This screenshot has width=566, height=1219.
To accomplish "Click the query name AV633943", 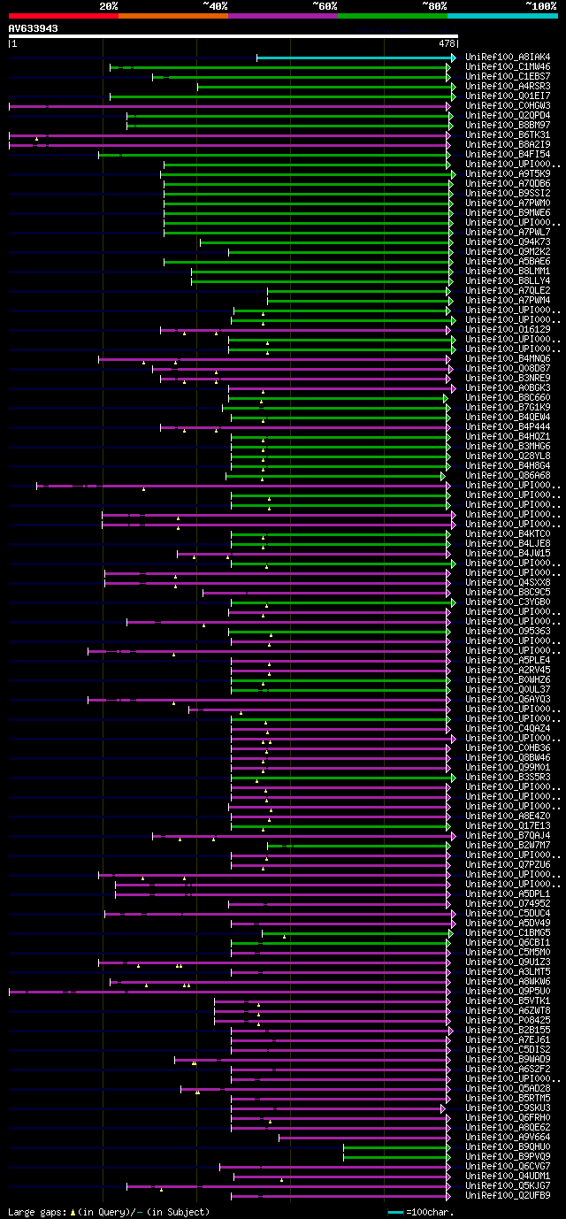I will [x=34, y=28].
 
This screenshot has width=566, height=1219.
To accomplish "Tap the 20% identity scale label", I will [x=109, y=5].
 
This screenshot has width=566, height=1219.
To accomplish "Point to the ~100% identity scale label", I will [x=540, y=5].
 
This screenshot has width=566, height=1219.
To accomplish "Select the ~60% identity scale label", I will [x=325, y=5].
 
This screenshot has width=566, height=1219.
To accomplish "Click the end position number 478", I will [x=446, y=42].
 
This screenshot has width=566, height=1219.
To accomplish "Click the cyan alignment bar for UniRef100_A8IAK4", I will [x=354, y=57].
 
